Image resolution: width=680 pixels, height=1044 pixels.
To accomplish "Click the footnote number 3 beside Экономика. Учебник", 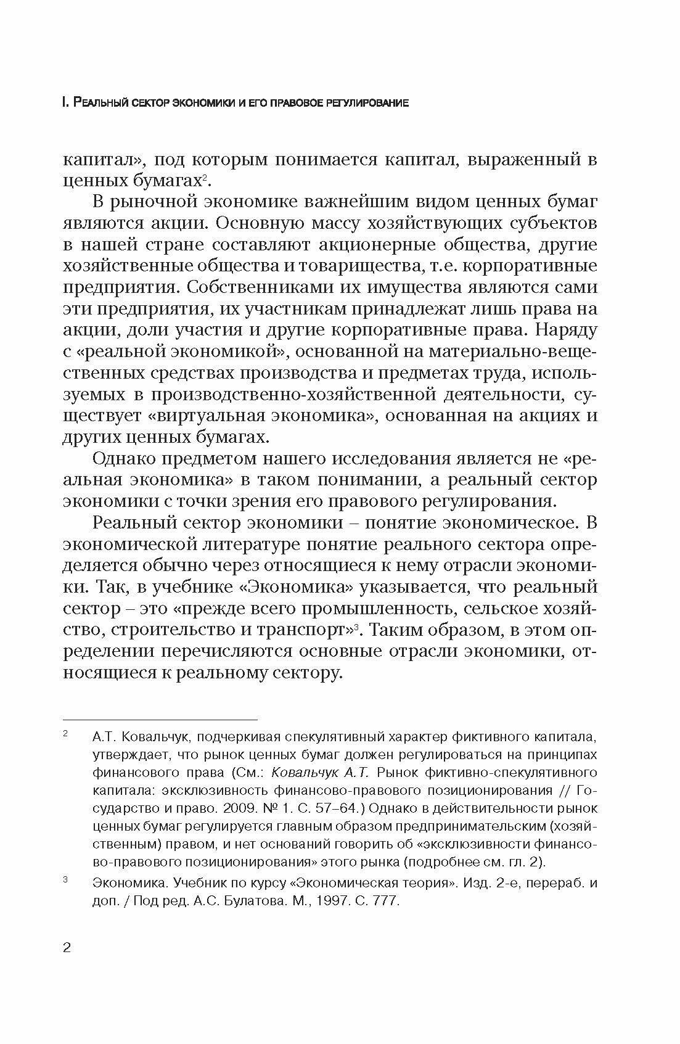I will (65, 880).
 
